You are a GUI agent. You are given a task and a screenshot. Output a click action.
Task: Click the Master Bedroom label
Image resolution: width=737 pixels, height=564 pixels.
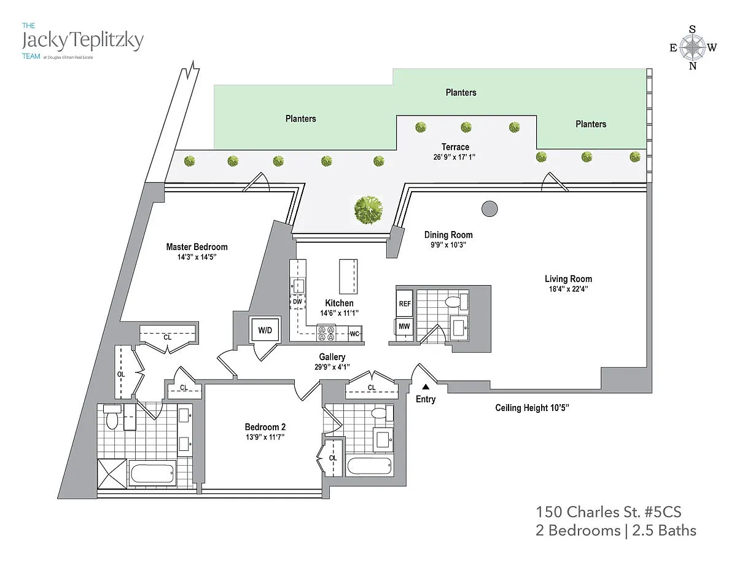point(197,247)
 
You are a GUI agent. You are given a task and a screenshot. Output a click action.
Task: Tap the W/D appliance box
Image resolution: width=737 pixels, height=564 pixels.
point(265,331)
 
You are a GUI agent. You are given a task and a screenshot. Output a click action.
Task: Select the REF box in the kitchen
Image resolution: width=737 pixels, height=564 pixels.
point(404,304)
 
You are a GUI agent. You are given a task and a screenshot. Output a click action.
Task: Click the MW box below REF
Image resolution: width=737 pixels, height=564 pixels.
point(404,326)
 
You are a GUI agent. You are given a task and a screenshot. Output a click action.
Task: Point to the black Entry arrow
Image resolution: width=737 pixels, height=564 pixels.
point(425,386)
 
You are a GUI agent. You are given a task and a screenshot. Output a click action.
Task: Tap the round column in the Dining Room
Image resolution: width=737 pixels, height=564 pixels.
point(489,210)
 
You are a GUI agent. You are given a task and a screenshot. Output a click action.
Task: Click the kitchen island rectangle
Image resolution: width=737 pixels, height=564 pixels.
point(348,276)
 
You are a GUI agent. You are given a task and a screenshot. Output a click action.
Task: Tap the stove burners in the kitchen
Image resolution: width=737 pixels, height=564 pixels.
point(326,332)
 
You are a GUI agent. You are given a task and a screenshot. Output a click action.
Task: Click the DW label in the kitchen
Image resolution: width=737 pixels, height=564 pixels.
point(297,302)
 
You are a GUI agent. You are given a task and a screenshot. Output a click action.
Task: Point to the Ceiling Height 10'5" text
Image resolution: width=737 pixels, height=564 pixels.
point(536,408)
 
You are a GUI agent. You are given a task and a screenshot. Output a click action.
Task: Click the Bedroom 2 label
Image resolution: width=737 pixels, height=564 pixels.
point(265,427)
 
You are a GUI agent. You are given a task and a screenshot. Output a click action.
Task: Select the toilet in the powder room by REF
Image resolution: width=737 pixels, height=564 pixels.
point(453,301)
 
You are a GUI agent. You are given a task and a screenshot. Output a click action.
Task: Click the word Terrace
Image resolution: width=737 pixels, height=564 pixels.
point(455,147)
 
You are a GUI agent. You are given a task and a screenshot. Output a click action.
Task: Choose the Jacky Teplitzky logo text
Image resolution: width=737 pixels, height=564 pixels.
point(82,41)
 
